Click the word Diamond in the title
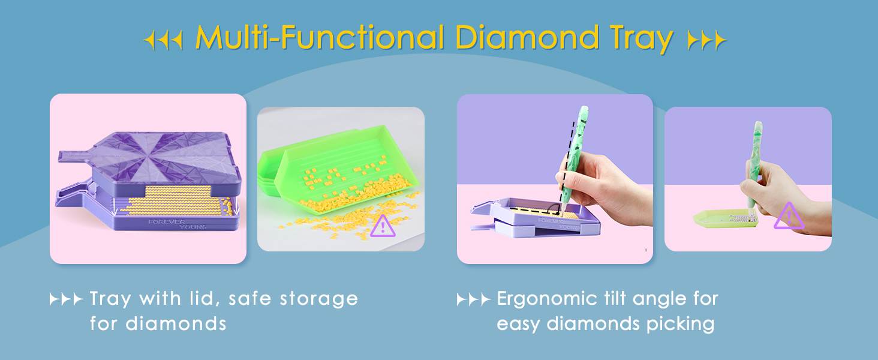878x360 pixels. click(527, 37)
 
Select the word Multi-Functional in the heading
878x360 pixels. click(320, 37)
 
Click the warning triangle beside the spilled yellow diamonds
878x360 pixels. click(383, 226)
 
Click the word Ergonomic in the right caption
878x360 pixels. click(548, 299)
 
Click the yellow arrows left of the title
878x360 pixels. click(163, 40)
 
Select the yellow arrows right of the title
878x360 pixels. click(706, 40)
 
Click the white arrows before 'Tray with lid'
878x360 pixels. click(66, 299)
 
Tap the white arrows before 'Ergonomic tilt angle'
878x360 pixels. click(474, 299)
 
